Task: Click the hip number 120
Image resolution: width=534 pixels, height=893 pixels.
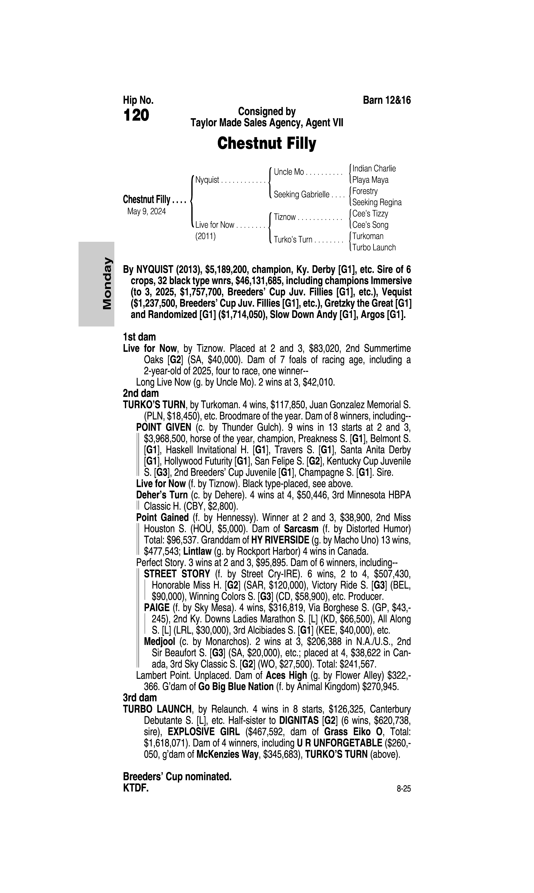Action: (x=136, y=116)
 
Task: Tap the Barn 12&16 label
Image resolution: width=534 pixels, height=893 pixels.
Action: (x=387, y=100)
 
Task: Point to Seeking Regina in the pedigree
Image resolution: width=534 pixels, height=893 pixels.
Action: (x=377, y=202)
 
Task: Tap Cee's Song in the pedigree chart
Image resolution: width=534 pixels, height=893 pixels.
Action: (x=370, y=225)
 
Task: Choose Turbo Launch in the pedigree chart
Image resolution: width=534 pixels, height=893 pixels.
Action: (x=374, y=248)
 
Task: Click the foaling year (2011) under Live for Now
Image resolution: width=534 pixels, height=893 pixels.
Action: (x=205, y=236)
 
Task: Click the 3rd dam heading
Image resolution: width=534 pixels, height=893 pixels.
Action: (x=140, y=698)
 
